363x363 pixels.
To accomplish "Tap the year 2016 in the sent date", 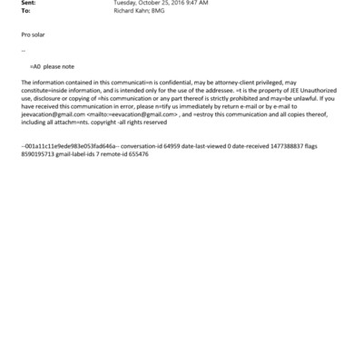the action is (172, 4).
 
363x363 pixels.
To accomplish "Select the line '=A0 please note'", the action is (54, 67).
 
